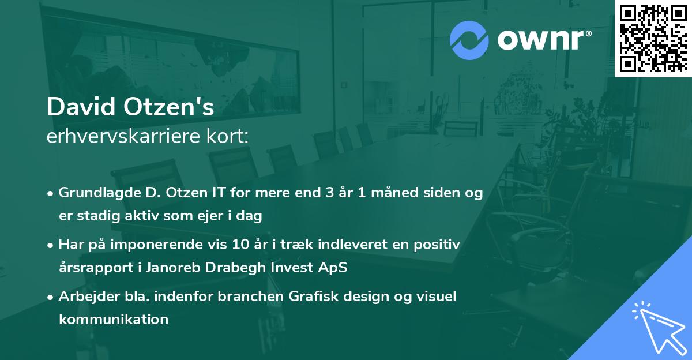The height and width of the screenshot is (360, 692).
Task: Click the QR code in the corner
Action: point(653,39)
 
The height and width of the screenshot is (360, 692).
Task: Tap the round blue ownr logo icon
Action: point(469,40)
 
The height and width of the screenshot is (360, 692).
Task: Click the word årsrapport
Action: point(95,268)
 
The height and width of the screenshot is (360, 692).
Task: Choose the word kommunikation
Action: point(114,319)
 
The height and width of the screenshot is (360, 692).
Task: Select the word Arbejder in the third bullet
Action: point(84,297)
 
